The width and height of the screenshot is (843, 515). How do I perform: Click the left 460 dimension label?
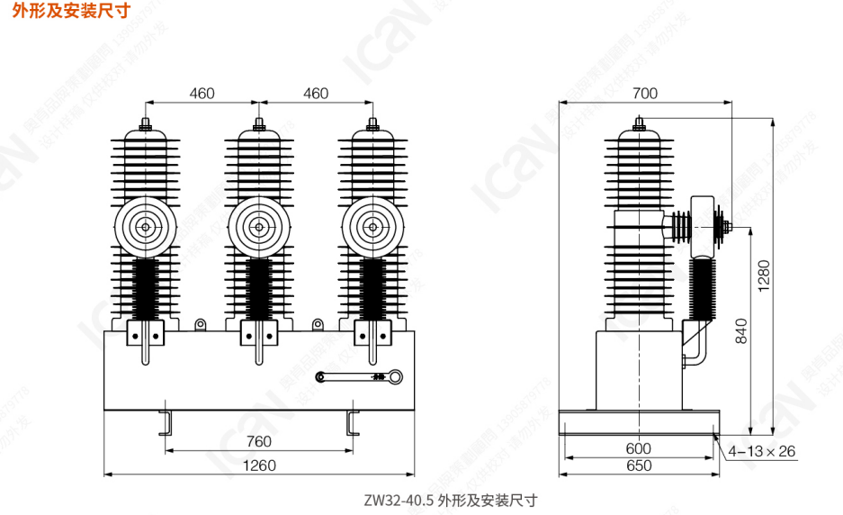(202, 93)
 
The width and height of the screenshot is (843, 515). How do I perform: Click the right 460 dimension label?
(316, 93)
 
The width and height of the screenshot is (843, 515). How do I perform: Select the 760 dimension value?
(258, 442)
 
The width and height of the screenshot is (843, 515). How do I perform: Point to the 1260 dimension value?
(259, 465)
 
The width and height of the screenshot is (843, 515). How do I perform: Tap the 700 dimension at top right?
(645, 93)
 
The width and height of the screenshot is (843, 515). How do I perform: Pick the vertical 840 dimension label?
(740, 330)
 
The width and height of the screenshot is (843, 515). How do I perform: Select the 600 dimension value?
(638, 448)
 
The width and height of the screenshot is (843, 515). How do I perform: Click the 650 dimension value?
(638, 465)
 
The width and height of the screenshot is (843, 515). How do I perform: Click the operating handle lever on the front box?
(360, 377)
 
